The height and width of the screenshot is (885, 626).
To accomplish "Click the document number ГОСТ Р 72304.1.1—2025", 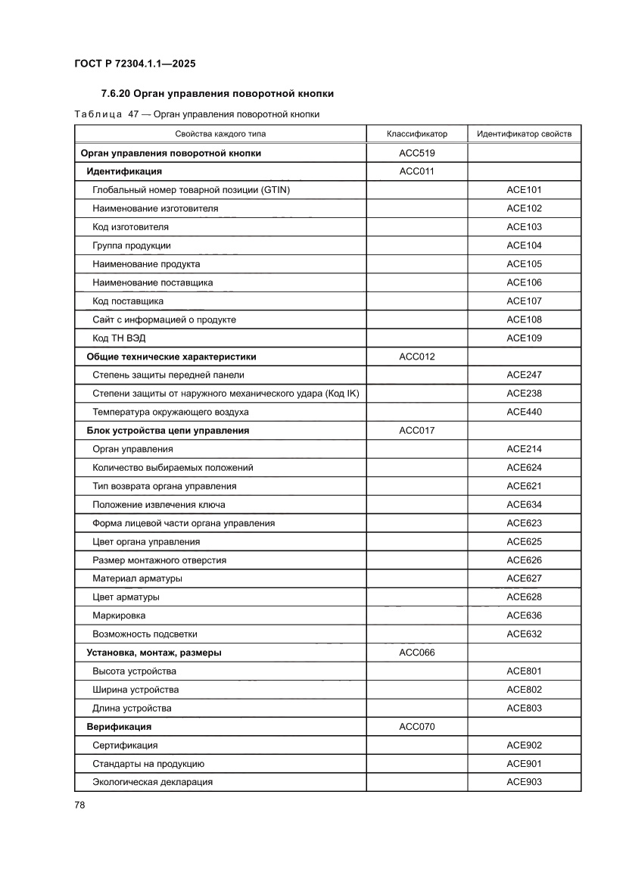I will [x=135, y=64].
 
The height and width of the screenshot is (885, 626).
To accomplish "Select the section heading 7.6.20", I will [x=217, y=94].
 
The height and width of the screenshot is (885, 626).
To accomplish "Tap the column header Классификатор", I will [x=416, y=134].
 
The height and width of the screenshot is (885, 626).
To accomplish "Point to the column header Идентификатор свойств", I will [x=524, y=134].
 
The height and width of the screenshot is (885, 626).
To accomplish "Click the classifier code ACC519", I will [x=416, y=153].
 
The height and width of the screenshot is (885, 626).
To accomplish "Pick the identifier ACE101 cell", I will [x=524, y=190].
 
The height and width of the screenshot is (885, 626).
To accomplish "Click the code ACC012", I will [x=416, y=357].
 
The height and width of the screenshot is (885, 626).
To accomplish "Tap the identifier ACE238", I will [x=524, y=394].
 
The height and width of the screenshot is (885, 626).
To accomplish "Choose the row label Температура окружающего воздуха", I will [x=170, y=413].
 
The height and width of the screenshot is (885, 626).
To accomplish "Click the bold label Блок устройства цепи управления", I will [x=168, y=431].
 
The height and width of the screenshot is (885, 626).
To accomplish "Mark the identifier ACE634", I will [x=524, y=505].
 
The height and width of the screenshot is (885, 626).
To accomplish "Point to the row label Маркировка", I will [x=119, y=615].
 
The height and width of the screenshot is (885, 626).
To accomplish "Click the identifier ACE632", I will [x=524, y=634].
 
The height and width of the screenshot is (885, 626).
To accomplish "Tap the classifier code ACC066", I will [x=416, y=653].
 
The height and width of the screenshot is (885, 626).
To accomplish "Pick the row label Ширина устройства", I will [x=135, y=690].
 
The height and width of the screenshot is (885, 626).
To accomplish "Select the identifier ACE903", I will [x=524, y=782].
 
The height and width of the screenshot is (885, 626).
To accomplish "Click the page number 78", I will [x=79, y=805].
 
